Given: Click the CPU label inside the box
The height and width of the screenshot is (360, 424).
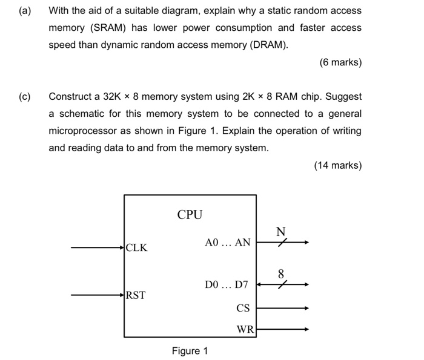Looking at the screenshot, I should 190,214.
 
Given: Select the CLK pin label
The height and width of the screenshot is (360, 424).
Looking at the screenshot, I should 136,247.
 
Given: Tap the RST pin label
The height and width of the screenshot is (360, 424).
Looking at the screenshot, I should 136,295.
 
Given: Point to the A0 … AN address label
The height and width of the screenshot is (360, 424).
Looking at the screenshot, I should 227,243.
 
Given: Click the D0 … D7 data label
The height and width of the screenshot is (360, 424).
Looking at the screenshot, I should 227,284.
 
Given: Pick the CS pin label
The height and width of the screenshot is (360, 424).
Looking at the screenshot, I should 243,308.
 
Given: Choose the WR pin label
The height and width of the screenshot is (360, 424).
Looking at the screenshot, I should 245,330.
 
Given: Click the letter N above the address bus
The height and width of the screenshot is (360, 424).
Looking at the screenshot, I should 280,231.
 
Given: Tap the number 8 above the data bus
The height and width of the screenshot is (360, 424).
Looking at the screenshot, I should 280,273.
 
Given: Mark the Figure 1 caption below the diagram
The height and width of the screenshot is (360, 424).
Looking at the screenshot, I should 190,351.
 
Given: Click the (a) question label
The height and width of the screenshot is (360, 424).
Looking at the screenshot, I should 25,10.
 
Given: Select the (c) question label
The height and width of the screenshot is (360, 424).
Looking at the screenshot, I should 25,96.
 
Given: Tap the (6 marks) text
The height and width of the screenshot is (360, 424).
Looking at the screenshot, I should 340,62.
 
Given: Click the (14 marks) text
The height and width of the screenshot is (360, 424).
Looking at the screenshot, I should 337,165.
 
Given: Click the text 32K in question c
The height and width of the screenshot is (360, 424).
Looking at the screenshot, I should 113,96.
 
